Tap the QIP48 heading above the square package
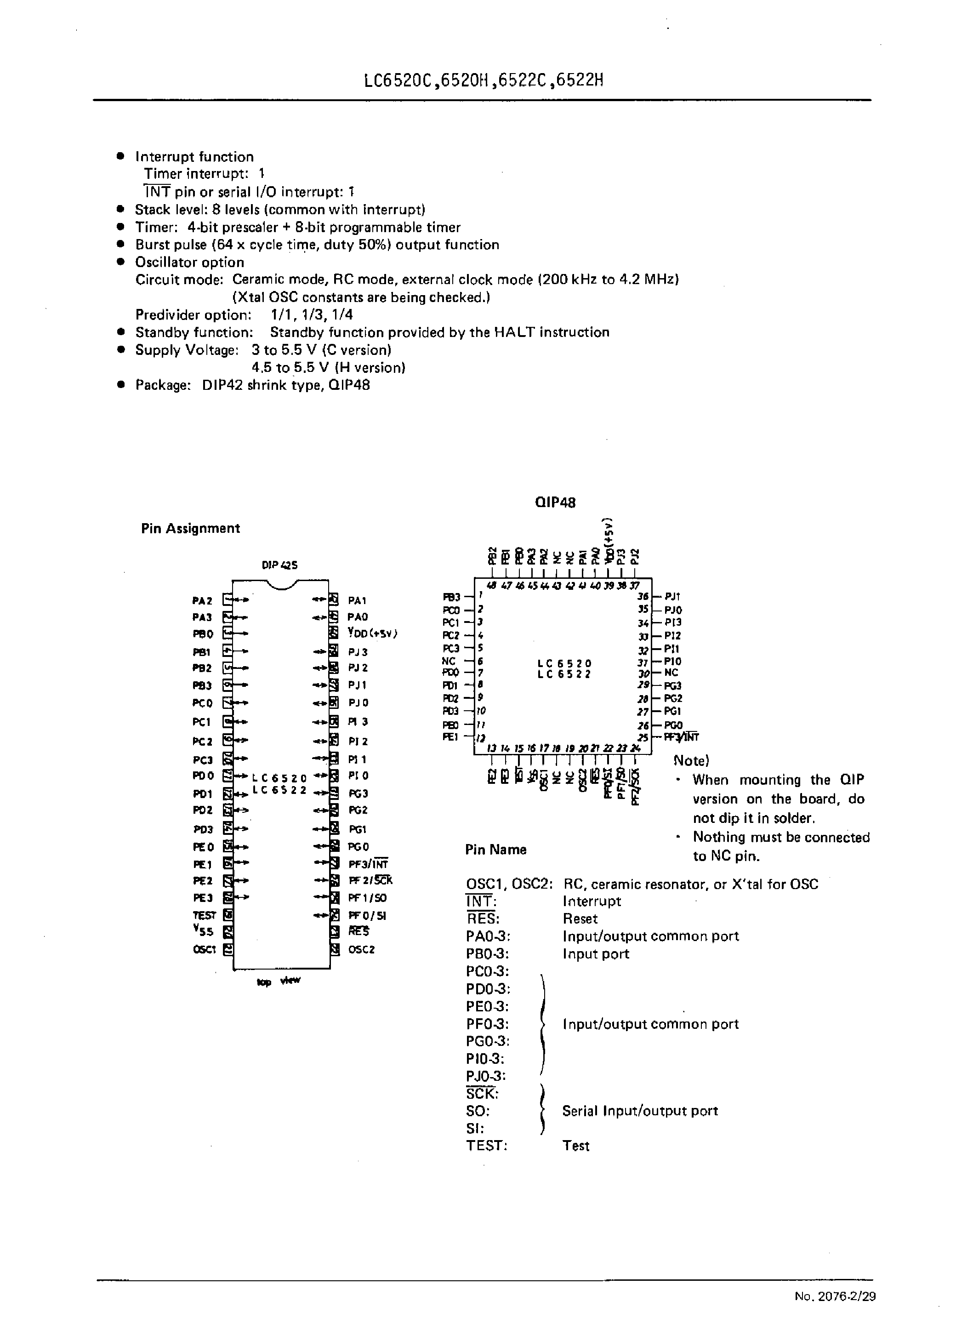(555, 502)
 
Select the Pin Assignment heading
(190, 528)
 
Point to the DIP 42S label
(279, 565)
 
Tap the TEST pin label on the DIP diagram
(204, 915)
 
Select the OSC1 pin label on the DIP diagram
(204, 949)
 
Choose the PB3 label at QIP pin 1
(451, 597)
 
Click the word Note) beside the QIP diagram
(691, 760)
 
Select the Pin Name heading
(495, 850)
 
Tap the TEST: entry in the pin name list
(486, 1146)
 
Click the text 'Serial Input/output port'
(640, 1111)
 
